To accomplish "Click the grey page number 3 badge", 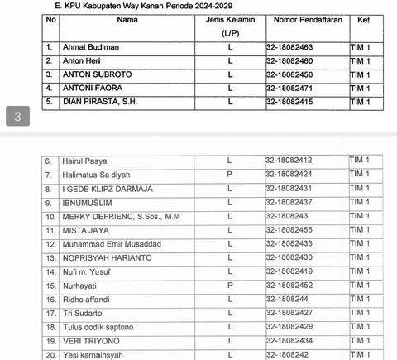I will click(x=18, y=117).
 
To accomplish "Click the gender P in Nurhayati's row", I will click(x=230, y=286).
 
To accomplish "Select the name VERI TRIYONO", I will click(x=87, y=342).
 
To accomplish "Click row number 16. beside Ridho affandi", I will click(x=49, y=300).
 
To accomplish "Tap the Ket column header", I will click(x=364, y=18).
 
